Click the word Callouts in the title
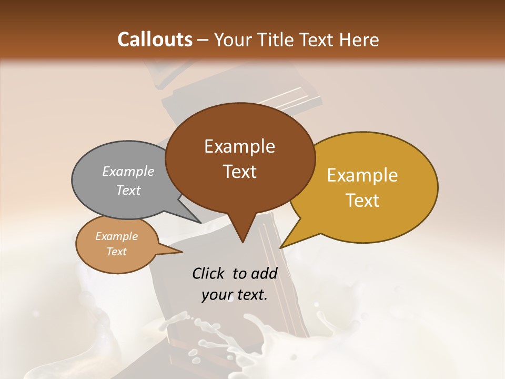tap(155, 39)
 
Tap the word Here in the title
tap(359, 39)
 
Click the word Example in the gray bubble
tap(128, 172)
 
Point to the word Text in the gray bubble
tap(128, 191)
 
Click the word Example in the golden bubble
tap(362, 175)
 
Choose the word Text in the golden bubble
tap(362, 201)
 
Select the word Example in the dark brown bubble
tap(239, 146)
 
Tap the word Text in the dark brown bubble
tap(240, 172)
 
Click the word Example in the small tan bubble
tap(117, 236)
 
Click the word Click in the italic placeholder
tap(209, 274)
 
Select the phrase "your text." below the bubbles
tap(235, 295)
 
